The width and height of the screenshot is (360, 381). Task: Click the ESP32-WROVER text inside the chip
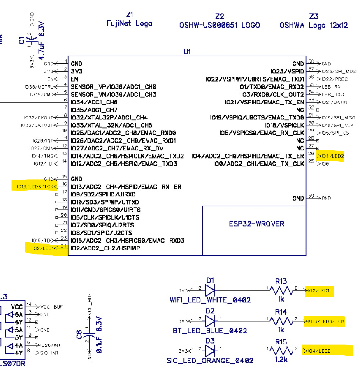(x=256, y=224)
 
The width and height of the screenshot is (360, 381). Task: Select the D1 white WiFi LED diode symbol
(x=210, y=290)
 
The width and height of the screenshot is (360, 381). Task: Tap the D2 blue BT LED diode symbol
(x=210, y=320)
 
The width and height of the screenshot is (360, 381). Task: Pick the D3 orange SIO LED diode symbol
(x=210, y=351)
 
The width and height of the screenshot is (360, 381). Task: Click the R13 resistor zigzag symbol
(x=281, y=290)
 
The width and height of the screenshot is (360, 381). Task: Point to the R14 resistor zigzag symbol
(x=281, y=320)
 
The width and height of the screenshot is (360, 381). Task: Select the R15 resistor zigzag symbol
(x=281, y=351)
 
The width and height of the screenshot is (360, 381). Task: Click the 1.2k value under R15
(x=281, y=360)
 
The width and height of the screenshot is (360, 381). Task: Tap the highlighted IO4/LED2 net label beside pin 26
(x=332, y=156)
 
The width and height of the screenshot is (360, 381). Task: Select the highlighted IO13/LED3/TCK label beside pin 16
(x=35, y=186)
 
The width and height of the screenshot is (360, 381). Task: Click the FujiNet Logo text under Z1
(x=129, y=23)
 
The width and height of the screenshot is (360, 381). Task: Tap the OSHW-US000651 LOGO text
(x=220, y=26)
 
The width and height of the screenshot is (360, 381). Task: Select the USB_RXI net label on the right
(x=332, y=87)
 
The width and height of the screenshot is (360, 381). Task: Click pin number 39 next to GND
(x=311, y=196)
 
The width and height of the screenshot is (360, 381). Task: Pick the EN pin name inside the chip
(x=74, y=79)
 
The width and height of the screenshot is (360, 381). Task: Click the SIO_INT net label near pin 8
(x=50, y=353)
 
